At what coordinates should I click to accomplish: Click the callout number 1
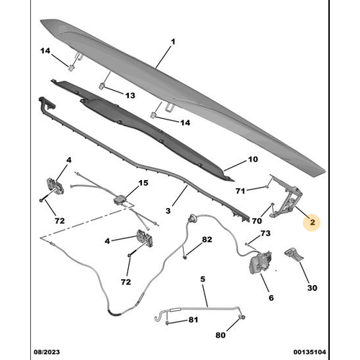pyautogui.click(x=174, y=42)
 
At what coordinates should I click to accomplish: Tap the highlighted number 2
pyautogui.click(x=312, y=223)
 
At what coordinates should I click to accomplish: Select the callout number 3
pyautogui.click(x=168, y=210)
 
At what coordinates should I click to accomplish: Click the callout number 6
pyautogui.click(x=271, y=297)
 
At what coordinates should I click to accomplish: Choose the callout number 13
pyautogui.click(x=130, y=95)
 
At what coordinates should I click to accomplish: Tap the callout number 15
pyautogui.click(x=143, y=183)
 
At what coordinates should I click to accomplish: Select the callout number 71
pyautogui.click(x=241, y=190)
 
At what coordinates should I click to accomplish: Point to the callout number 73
pyautogui.click(x=266, y=234)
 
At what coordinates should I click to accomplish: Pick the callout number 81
pyautogui.click(x=192, y=320)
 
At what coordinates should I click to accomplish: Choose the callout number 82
pyautogui.click(x=207, y=239)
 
